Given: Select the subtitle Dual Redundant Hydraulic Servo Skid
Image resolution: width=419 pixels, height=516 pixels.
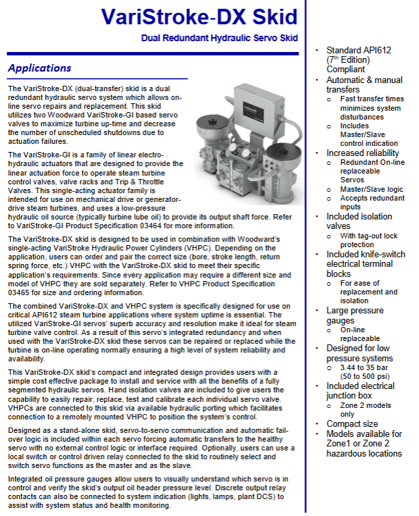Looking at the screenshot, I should (x=220, y=38).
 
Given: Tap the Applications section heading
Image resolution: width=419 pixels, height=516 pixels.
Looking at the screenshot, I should (x=39, y=68).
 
